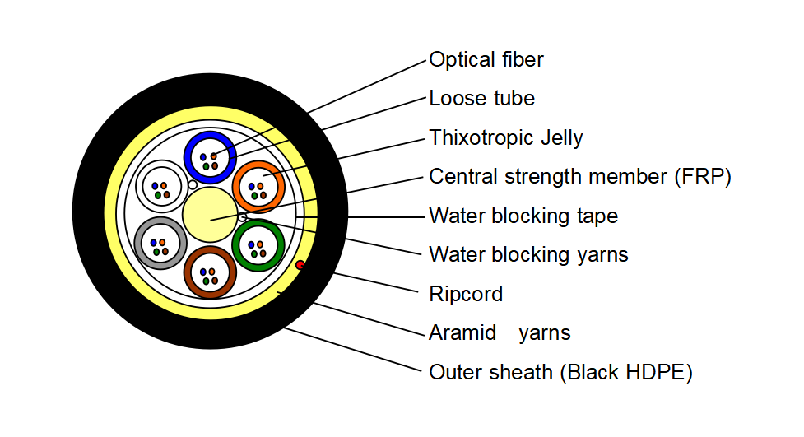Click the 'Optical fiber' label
[486, 59]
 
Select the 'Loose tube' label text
[481, 98]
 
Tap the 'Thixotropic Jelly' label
[505, 138]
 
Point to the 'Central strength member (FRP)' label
[580, 176]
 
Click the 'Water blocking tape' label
[523, 216]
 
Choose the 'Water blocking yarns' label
[528, 255]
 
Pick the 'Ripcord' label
[466, 294]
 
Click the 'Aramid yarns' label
[500, 332]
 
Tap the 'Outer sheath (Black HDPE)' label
[560, 372]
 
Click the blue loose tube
[210, 134]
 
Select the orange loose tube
[258, 164]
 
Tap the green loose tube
[258, 222]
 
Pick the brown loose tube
[210, 249]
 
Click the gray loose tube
[161, 220]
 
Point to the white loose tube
[161, 163]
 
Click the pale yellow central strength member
[210, 215]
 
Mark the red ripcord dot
[300, 265]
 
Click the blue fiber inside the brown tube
[203, 272]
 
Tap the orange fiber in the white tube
[164, 186]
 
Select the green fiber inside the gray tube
[157, 253]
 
